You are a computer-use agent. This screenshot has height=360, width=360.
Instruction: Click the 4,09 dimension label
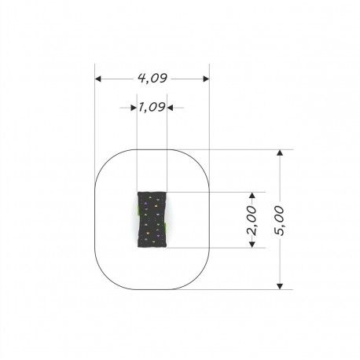(152, 79)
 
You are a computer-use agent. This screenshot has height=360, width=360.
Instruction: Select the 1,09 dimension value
(152, 107)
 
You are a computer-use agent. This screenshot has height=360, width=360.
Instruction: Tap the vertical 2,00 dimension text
(252, 220)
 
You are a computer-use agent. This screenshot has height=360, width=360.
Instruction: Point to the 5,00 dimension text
(279, 220)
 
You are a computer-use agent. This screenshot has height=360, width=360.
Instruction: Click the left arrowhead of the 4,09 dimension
(98, 79)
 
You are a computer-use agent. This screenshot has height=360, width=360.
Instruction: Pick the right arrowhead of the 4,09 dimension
(206, 79)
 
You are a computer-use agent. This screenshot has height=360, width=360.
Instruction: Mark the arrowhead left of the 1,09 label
(134, 108)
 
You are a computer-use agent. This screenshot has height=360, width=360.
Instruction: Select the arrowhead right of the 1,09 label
(170, 108)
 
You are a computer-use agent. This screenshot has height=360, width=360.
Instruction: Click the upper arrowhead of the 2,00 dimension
(252, 196)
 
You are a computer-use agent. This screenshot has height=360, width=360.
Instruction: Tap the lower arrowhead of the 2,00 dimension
(252, 244)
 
